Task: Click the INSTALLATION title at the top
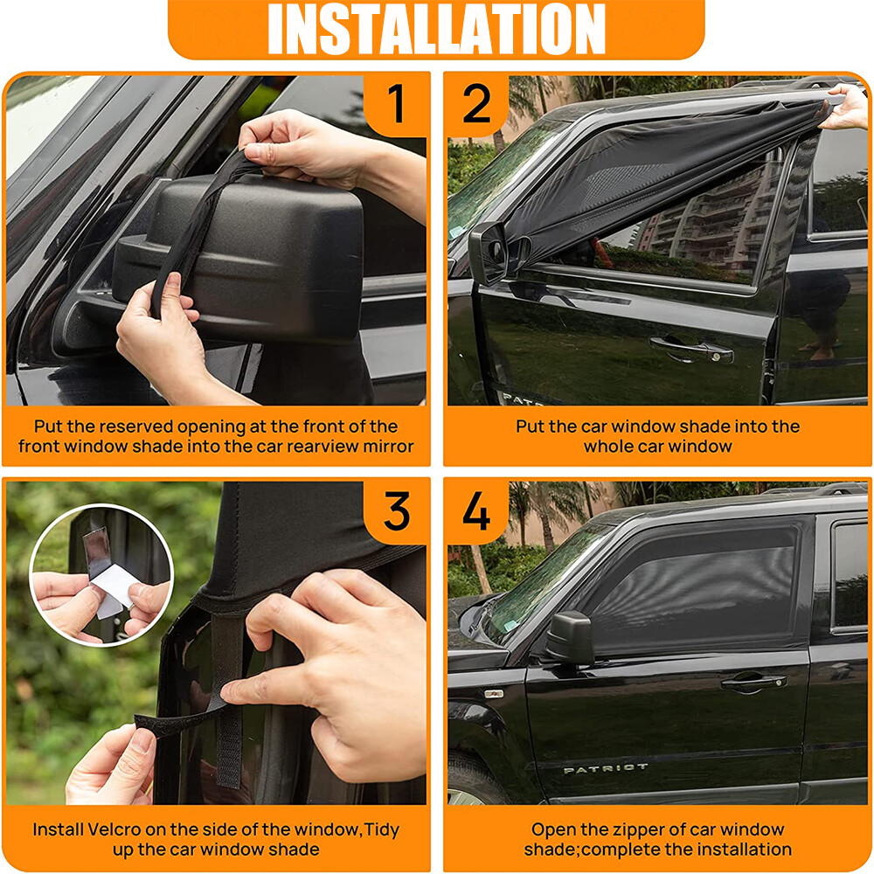coord(436,29)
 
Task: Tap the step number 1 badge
coord(396,104)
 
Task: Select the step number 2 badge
coord(476,104)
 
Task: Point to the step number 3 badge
coord(396,511)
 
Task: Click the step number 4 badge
coord(476,511)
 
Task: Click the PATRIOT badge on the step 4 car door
coord(606,769)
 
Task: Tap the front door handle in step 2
coord(690,350)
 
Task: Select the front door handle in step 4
coord(753,682)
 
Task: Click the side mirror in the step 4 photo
coord(570,638)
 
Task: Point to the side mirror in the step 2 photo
coord(488,253)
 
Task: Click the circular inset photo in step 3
coord(101,574)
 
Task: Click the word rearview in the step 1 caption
coord(312,447)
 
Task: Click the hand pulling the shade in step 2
coord(846,107)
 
